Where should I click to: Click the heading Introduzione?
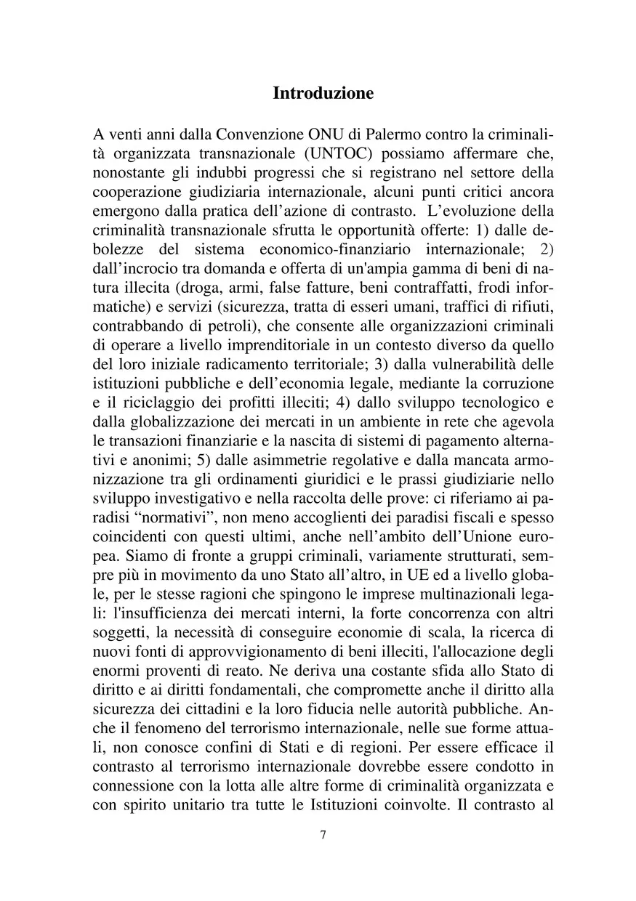(x=323, y=94)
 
